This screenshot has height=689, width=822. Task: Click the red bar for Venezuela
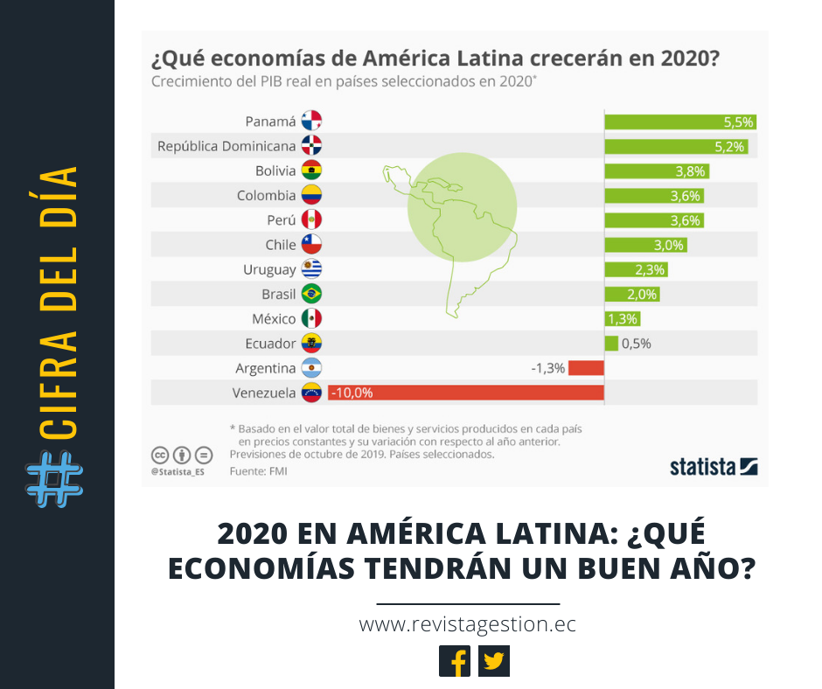coord(465,393)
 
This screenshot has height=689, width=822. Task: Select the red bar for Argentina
coord(586,368)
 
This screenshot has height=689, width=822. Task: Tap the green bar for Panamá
coord(679,122)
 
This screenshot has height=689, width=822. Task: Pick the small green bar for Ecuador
coord(610,343)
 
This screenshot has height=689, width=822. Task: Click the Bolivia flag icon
coord(311,171)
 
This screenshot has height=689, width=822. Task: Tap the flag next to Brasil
coord(311,294)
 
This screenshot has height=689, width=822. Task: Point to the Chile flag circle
coord(311,244)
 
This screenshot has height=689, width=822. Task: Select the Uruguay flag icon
coord(311,269)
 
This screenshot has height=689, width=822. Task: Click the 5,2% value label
coord(729,147)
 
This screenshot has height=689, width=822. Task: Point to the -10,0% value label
coord(352,393)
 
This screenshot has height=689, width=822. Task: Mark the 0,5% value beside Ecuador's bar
coord(636,344)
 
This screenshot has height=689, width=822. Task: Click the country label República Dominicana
coord(226,147)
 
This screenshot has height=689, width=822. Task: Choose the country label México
coord(274,318)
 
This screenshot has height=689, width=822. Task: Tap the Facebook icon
coord(455,661)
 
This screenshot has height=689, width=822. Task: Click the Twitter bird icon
coord(494,661)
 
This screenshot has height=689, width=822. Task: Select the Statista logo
coord(714,466)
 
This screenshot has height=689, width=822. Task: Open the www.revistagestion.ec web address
coord(468,625)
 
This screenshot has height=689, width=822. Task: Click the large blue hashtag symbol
coord(55,479)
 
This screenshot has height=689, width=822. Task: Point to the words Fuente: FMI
coord(258,471)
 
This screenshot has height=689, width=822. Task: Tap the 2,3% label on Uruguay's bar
coord(651,269)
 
